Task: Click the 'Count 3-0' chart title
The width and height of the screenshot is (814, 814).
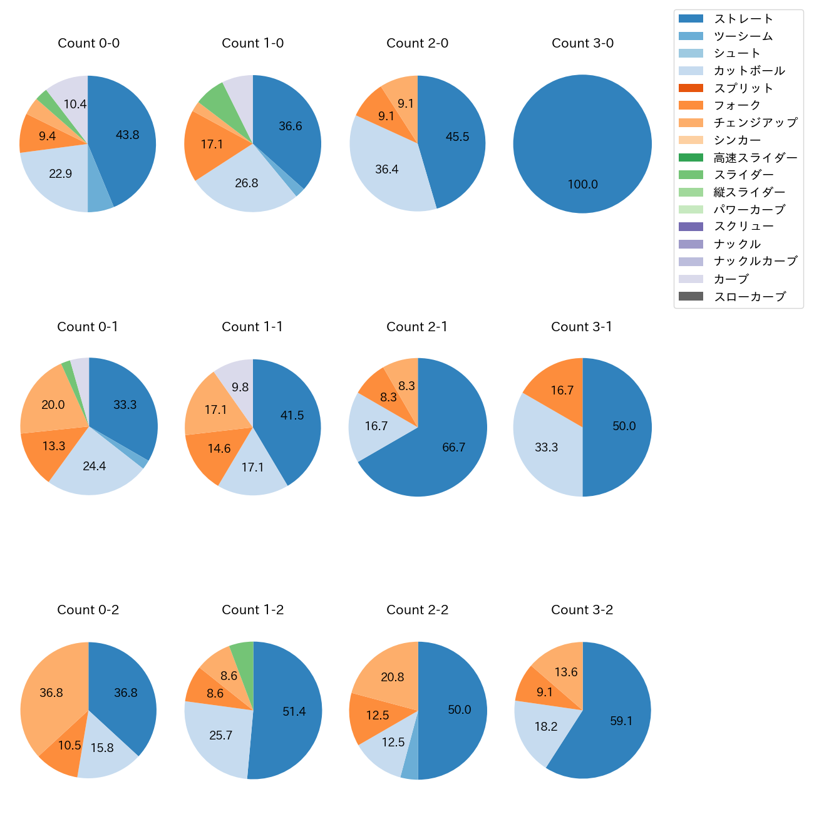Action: (582, 43)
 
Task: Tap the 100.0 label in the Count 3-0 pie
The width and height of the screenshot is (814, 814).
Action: (582, 185)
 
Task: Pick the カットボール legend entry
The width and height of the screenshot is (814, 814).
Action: (749, 71)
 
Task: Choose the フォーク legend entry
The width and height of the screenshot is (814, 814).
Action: (737, 105)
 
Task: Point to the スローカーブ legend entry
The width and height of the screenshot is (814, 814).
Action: (750, 297)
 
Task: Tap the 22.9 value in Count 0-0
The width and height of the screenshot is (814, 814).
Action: (61, 174)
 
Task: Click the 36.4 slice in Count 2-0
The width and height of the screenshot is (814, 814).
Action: (387, 170)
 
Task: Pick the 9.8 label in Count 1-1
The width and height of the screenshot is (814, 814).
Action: (240, 388)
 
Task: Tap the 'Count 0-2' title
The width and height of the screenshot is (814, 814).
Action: (88, 610)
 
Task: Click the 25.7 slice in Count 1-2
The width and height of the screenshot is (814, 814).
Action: (220, 736)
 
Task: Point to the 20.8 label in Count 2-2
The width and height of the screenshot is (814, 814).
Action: (392, 677)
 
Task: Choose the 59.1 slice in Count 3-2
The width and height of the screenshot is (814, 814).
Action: (621, 721)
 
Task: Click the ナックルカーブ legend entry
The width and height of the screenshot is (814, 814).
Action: (755, 262)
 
